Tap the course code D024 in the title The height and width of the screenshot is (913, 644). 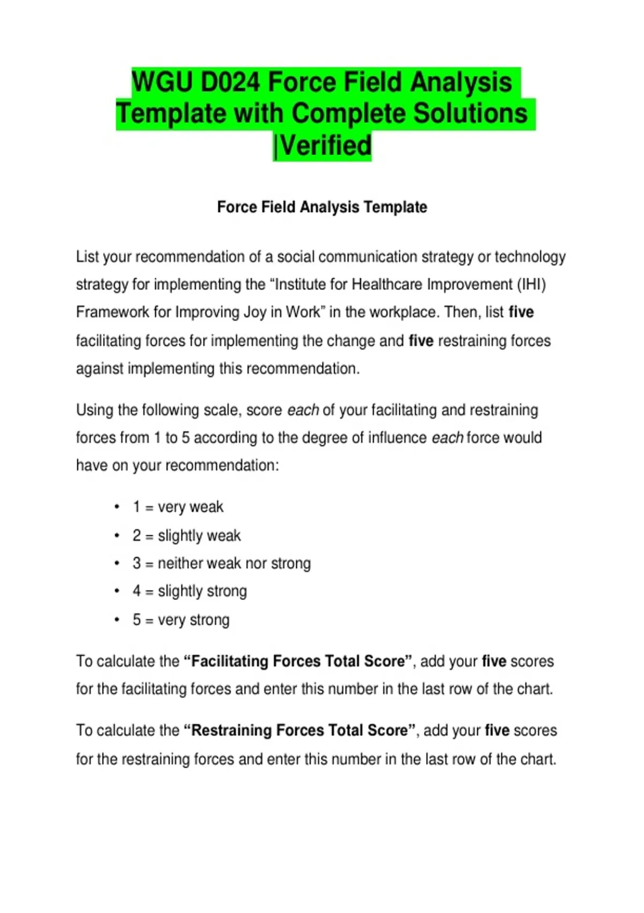(230, 83)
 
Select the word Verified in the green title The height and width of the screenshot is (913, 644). (326, 146)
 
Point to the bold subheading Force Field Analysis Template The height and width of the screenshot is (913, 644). (322, 207)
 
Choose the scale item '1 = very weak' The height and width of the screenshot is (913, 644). (178, 507)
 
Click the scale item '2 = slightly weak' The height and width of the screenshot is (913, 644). (187, 535)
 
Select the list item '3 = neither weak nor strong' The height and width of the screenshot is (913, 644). (222, 563)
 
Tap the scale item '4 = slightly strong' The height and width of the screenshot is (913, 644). (190, 591)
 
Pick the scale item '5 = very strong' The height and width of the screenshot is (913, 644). (181, 620)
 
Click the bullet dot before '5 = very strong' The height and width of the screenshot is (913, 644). (116, 620)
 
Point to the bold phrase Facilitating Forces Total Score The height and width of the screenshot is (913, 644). (298, 661)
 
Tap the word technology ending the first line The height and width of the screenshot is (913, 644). (530, 257)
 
